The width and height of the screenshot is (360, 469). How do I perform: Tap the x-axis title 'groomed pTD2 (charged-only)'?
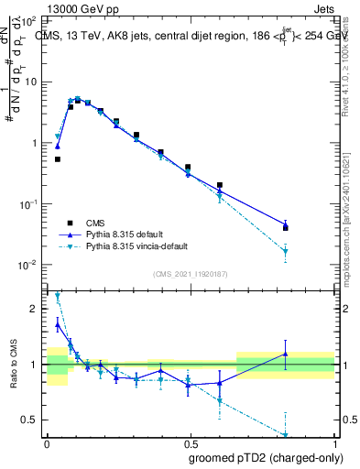(266, 458)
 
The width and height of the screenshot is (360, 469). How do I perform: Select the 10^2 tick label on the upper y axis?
(27, 20)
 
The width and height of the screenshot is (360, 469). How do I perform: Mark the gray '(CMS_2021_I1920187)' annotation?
(190, 273)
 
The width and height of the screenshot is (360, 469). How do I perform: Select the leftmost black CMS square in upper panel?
(58, 158)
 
